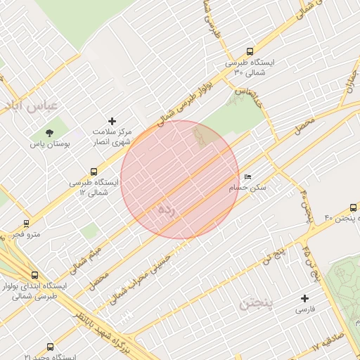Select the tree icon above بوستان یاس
pos(49,132)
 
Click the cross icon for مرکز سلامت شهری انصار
pos(112,122)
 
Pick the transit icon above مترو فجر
pos(27,224)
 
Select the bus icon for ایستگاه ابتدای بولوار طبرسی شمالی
pos(34,275)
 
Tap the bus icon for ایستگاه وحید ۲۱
pos(50,347)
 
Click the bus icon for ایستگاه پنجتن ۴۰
pos(352,207)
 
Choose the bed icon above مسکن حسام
pos(247,176)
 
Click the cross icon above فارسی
pos(304,298)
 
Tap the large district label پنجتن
pos(259,303)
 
